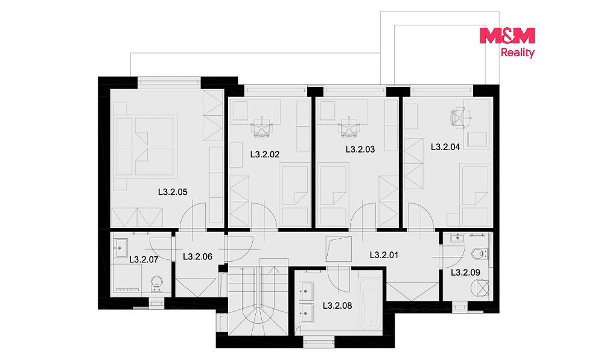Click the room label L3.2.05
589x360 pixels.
click(173, 192)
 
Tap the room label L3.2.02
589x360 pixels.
click(265, 154)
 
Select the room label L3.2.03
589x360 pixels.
click(360, 150)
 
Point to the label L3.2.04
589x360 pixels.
click(445, 147)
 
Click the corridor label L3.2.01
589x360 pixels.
click(384, 255)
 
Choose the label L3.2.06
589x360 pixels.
click(197, 257)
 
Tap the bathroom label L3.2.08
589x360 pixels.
click(337, 306)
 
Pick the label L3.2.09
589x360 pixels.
click(465, 273)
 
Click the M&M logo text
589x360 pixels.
click(507, 36)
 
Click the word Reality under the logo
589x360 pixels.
click(518, 52)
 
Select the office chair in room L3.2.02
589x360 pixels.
click(262, 127)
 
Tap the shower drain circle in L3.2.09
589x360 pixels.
click(480, 288)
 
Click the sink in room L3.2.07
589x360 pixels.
click(120, 248)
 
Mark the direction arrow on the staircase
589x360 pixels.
click(274, 285)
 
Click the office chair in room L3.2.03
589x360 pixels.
click(349, 127)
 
